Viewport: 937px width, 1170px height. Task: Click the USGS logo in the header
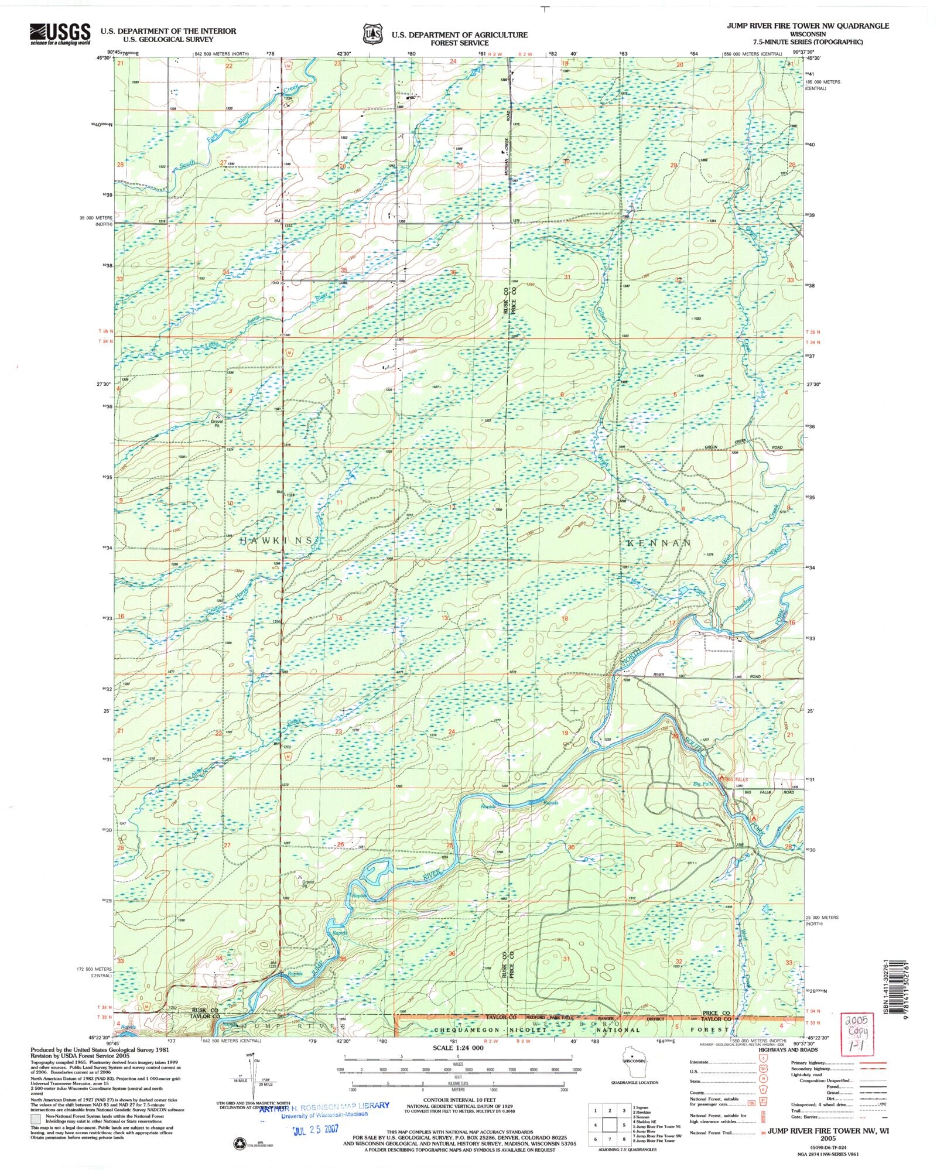pyautogui.click(x=60, y=34)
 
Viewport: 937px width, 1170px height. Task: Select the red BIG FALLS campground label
pyautogui.click(x=737, y=779)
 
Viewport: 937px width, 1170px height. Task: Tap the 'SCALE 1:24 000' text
pyautogui.click(x=459, y=1048)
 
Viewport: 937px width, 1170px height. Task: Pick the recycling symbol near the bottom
pyautogui.click(x=239, y=1142)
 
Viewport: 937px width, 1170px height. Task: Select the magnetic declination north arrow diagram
pyautogui.click(x=253, y=1073)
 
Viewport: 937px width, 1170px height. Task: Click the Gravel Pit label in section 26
pyautogui.click(x=309, y=884)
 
